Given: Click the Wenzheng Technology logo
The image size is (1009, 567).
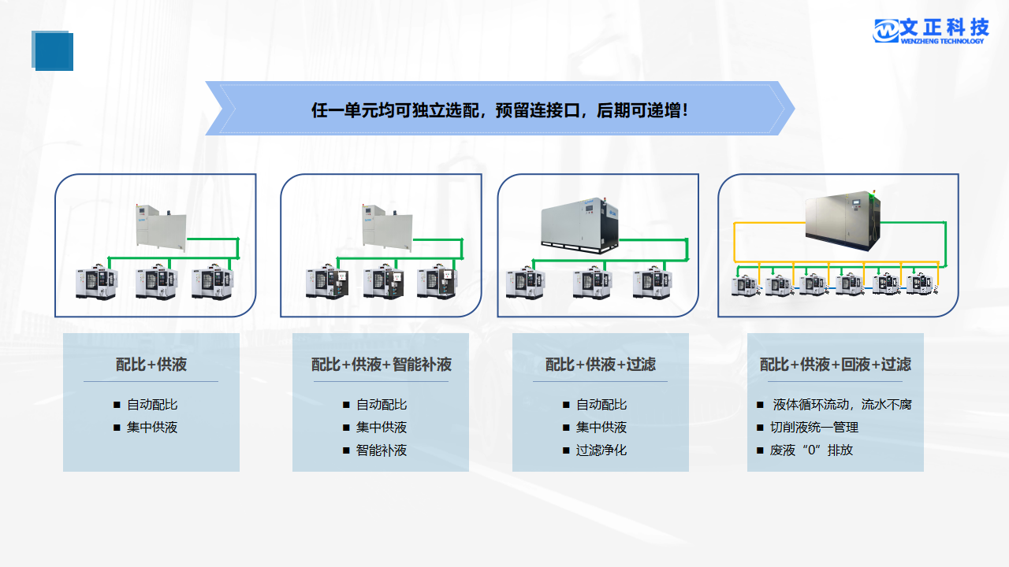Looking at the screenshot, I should click(931, 31).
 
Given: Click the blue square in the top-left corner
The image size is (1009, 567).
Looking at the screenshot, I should click(53, 51).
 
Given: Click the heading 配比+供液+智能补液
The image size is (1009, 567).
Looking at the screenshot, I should click(382, 365).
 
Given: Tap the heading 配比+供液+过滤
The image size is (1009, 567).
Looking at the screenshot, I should click(601, 365).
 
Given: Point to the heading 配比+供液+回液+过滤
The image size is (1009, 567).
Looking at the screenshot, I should click(836, 365).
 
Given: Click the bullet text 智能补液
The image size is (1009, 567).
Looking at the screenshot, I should click(382, 450).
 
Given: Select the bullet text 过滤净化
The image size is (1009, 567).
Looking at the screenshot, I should click(601, 450).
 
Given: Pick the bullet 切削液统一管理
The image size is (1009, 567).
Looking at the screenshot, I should click(814, 428).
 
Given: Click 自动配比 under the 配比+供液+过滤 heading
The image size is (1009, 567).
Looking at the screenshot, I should click(601, 405).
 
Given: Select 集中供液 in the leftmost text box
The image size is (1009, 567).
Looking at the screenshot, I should click(152, 428).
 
